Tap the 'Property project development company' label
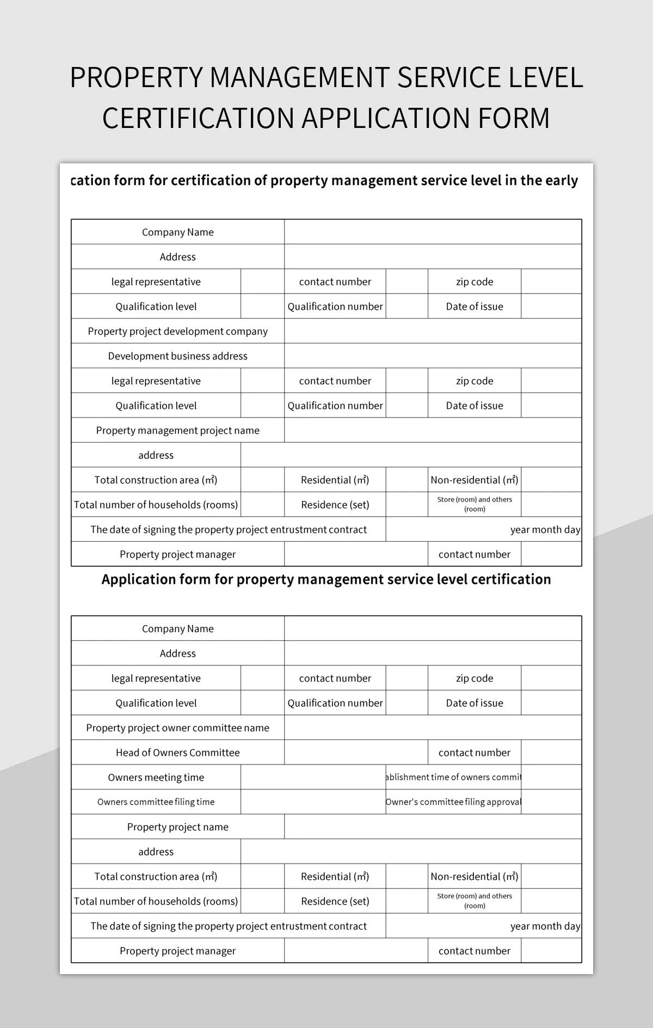[177, 331]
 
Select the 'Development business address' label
[177, 356]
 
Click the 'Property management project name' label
[177, 430]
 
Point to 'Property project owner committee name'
[177, 728]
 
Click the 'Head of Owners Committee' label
[177, 752]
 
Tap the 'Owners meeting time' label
[156, 778]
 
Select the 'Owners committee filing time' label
[156, 802]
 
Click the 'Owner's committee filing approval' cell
[453, 802]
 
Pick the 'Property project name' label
[177, 827]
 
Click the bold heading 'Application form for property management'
[326, 579]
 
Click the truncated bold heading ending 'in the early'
[324, 181]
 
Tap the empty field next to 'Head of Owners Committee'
[356, 752]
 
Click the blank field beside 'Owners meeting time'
[313, 778]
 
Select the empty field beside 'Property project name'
[433, 827]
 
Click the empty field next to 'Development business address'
[433, 356]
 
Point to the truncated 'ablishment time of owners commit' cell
[453, 778]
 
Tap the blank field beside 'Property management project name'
[433, 430]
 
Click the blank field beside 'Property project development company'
[433, 331]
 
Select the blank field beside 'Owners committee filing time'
[313, 802]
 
